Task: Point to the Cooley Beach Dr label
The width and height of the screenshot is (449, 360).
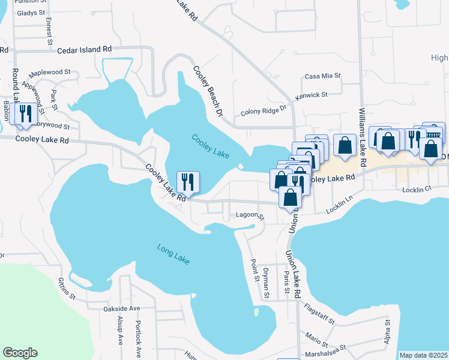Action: tap(207, 91)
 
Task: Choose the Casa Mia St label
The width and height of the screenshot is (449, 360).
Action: tap(322, 76)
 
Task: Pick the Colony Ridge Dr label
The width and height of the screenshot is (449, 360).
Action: tap(265, 111)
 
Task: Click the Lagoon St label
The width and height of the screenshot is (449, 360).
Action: tap(250, 215)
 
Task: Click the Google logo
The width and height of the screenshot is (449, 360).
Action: tap(20, 353)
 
